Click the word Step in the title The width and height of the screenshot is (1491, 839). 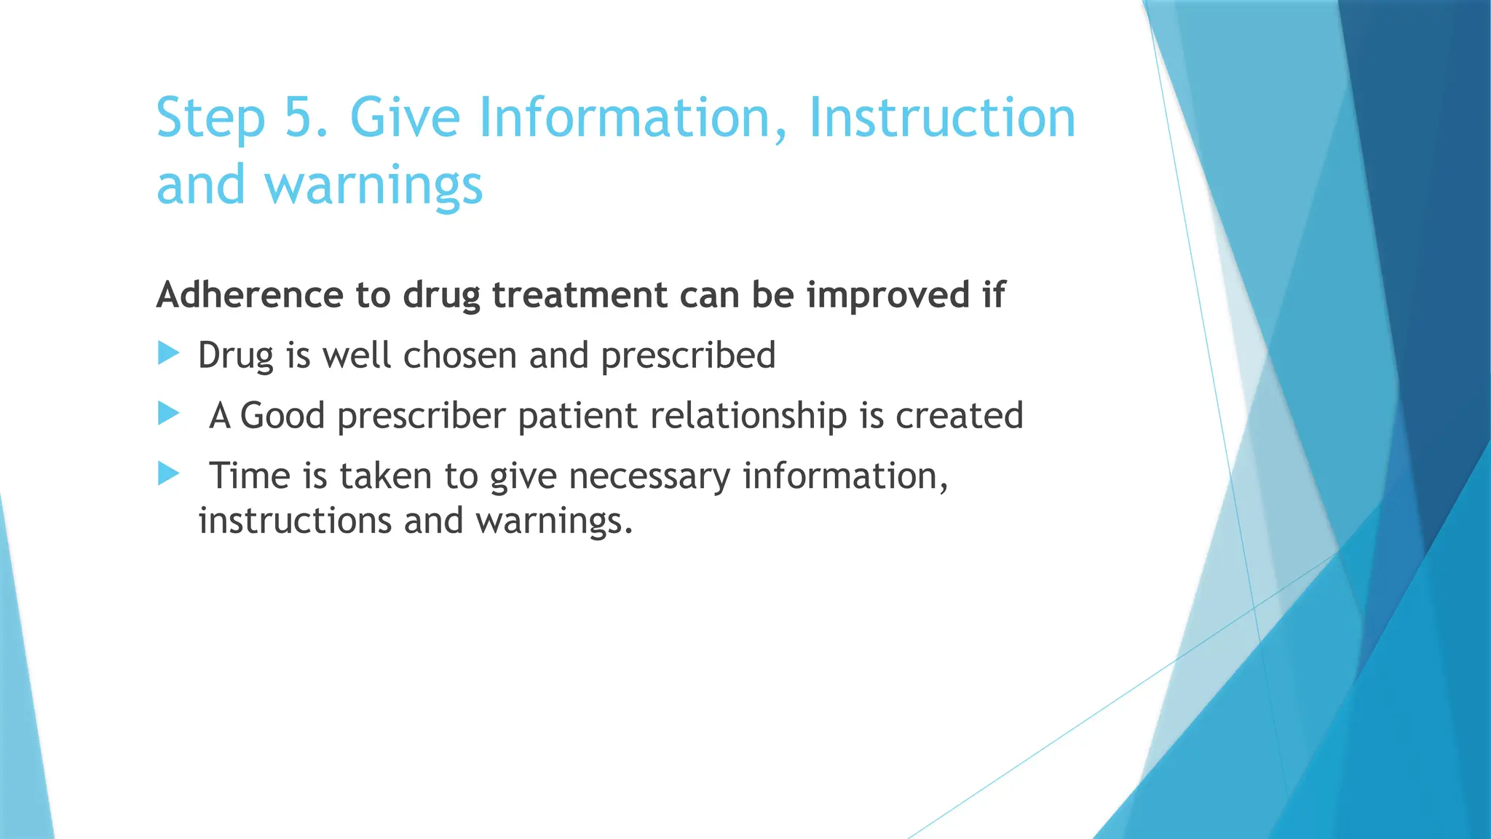211,118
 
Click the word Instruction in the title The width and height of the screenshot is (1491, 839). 942,118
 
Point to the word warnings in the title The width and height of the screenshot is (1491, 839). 373,186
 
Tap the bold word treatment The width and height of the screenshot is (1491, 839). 580,295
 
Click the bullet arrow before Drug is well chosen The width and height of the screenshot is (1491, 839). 168,355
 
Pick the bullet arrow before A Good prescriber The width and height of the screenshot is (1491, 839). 168,414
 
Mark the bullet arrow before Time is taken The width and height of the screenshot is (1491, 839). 168,475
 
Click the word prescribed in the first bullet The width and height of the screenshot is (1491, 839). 688,356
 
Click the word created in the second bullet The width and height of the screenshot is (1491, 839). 959,416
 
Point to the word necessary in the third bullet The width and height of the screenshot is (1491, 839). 649,476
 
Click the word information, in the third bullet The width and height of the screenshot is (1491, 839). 845,476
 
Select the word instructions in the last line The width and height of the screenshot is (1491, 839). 295,521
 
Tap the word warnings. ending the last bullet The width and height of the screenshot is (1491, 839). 554,521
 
